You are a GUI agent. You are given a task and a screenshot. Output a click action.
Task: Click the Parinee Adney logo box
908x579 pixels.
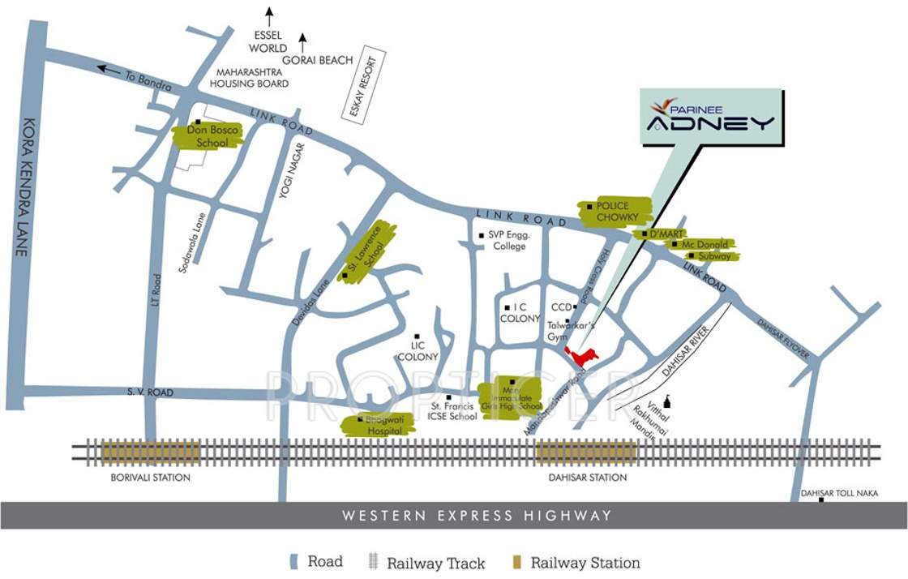click(712, 118)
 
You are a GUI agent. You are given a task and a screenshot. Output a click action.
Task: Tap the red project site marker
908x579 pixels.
click(582, 356)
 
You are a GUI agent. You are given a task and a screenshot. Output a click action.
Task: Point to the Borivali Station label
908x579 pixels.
click(150, 478)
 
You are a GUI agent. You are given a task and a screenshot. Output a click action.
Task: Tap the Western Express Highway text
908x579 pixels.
click(476, 516)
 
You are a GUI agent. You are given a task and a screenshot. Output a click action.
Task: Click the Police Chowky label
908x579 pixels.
click(614, 212)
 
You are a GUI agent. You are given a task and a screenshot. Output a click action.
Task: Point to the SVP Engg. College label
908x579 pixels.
click(508, 241)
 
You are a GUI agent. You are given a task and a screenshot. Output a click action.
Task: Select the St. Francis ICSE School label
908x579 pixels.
click(453, 411)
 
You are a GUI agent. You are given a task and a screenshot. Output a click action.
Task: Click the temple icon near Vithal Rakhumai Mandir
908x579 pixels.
click(667, 403)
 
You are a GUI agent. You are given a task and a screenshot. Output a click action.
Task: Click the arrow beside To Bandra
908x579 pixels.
click(108, 69)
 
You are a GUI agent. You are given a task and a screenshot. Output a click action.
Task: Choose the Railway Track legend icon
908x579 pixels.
click(373, 562)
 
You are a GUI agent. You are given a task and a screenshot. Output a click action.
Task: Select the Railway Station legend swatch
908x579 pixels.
click(516, 562)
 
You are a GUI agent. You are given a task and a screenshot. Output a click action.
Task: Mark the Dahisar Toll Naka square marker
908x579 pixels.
click(821, 500)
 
